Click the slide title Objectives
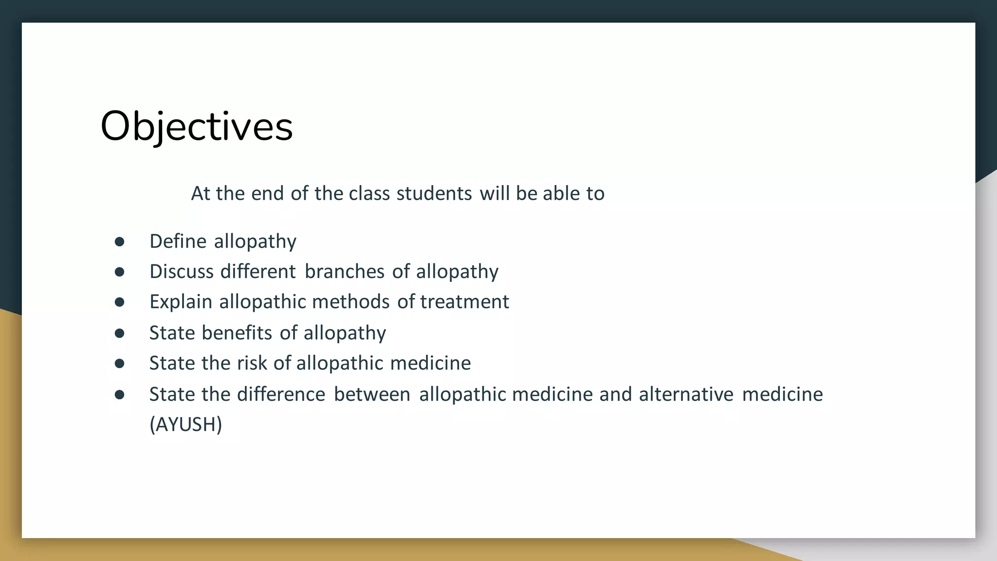point(196,126)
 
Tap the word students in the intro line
point(434,194)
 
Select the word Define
point(178,242)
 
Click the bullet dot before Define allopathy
point(119,242)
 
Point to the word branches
point(344,272)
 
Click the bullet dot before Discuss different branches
point(119,272)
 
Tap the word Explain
point(181,302)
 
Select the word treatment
point(464,302)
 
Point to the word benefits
point(237,333)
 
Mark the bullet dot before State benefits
point(119,333)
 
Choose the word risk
point(252,363)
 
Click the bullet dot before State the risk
point(119,363)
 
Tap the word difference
point(281,394)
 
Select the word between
point(372,394)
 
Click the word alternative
point(686,394)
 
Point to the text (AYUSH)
point(185,425)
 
